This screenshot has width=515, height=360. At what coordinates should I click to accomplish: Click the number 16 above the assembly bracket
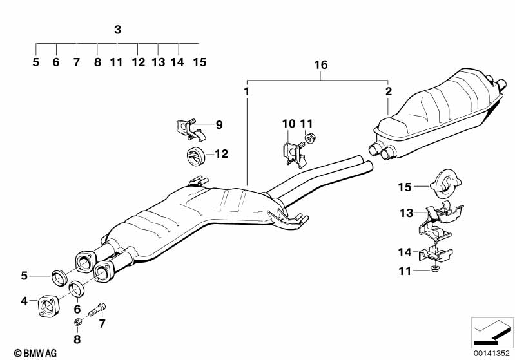(x=320, y=65)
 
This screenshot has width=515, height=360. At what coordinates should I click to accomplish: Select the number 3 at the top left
(x=117, y=30)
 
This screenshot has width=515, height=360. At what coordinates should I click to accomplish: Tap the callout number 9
(x=219, y=125)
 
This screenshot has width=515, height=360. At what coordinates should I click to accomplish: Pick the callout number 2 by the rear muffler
(x=388, y=91)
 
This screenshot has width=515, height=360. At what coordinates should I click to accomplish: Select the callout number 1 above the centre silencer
(x=246, y=91)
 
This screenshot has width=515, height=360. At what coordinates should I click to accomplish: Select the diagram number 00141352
(x=491, y=352)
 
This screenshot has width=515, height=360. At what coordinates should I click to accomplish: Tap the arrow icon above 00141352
(x=491, y=332)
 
